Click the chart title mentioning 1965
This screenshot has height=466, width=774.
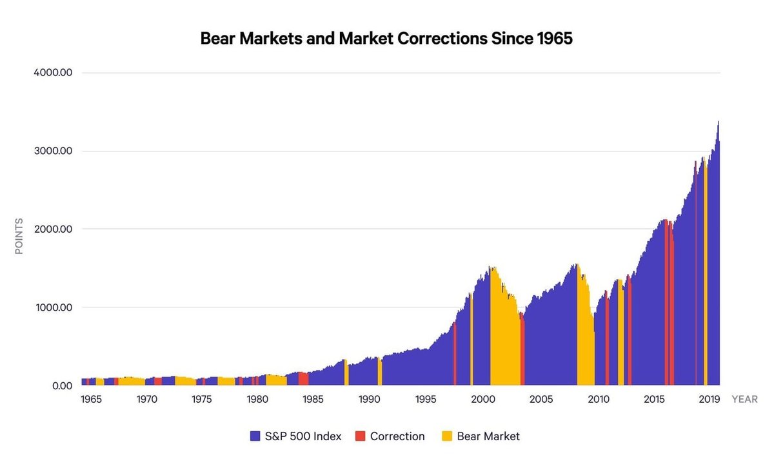386,39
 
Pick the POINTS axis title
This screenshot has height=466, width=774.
19,237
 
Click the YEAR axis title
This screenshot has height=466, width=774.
744,400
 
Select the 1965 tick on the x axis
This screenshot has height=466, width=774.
92,400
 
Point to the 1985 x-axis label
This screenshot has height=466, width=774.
313,400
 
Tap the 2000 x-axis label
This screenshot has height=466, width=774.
483,400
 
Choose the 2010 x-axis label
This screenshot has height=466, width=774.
598,400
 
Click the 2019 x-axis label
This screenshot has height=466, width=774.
709,400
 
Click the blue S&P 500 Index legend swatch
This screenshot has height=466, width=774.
255,436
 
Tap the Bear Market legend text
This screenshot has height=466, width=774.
488,436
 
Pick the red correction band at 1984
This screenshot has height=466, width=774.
303,379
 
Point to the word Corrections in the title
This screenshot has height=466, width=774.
443,39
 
